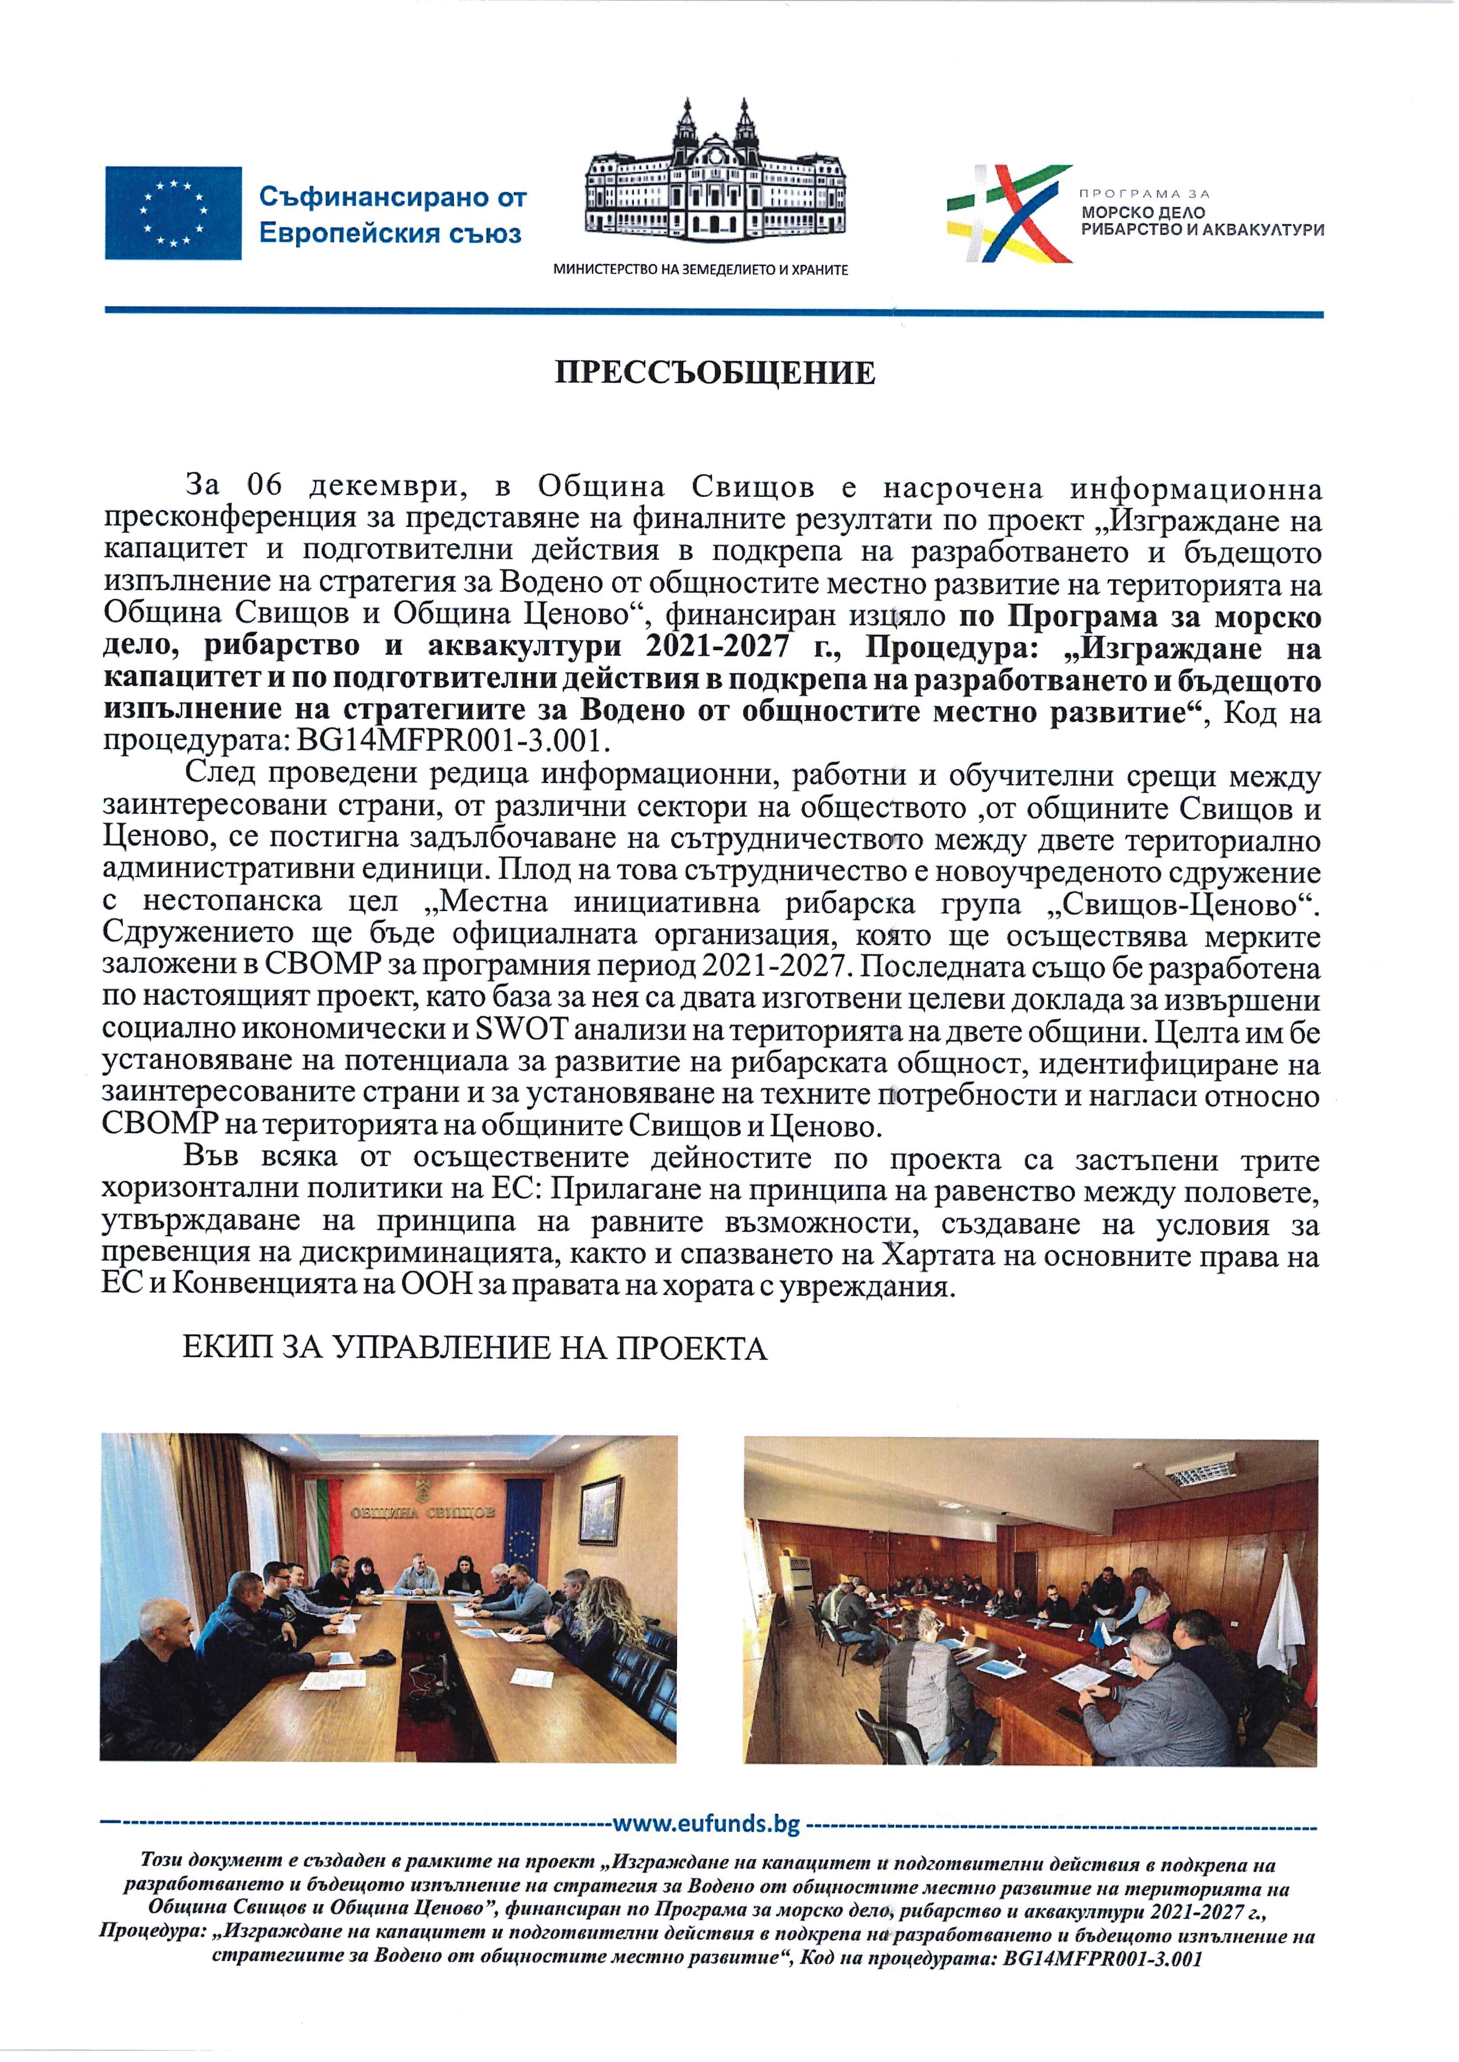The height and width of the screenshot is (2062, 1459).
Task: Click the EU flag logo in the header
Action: pos(172,213)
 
